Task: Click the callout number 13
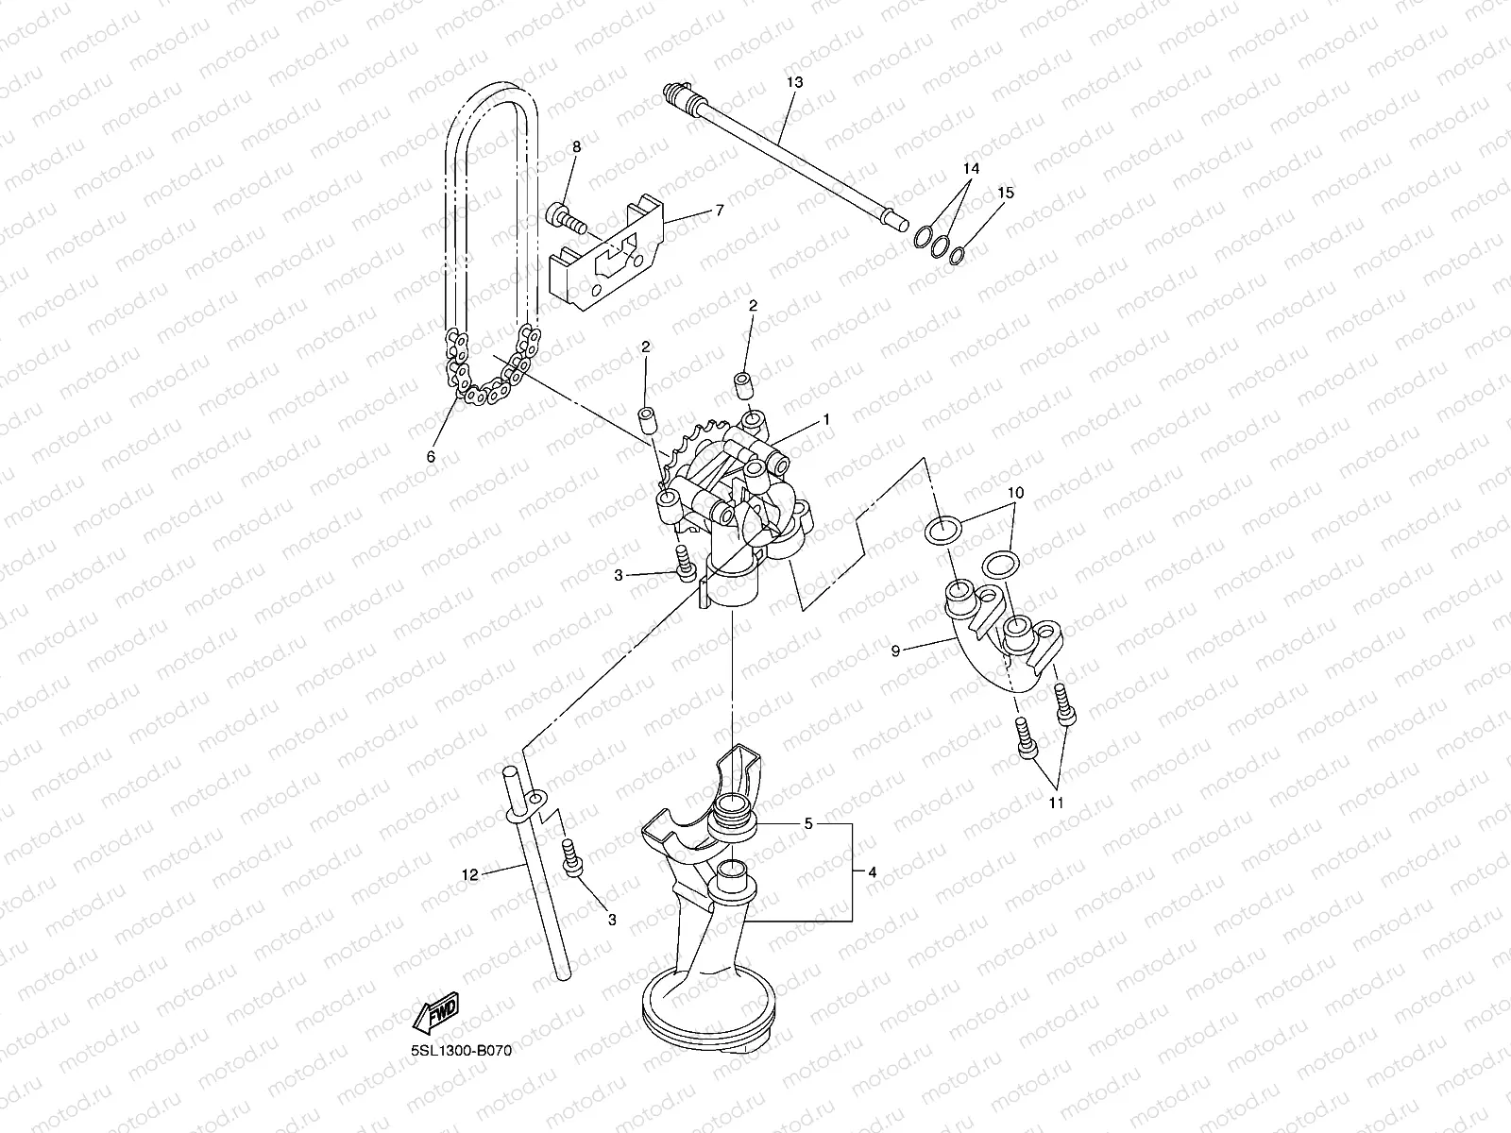[793, 82]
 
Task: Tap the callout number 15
[1006, 193]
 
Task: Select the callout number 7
[720, 210]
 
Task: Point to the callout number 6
[431, 455]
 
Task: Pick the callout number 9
[896, 650]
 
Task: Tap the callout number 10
[1014, 493]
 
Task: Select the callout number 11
[1057, 803]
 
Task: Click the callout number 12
[469, 873]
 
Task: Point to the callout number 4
[872, 873]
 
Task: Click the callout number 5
[807, 823]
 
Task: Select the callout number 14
[971, 168]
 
